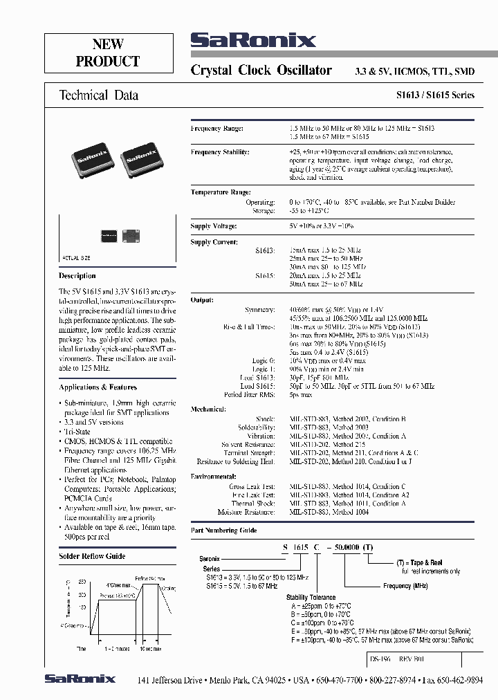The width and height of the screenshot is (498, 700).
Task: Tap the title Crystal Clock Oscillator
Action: (x=261, y=71)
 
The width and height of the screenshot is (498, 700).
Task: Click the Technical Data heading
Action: (x=98, y=95)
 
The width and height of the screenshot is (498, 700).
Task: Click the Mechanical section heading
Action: (x=208, y=409)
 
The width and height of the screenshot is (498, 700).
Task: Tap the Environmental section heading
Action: (x=214, y=477)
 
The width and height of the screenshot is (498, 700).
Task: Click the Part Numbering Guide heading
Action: (x=223, y=531)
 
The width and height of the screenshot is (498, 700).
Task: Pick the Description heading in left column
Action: (x=77, y=276)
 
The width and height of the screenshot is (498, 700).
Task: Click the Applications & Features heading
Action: (x=98, y=387)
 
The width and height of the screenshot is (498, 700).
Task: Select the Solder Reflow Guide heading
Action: (x=92, y=555)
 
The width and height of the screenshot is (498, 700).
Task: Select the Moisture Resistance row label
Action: (x=246, y=513)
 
